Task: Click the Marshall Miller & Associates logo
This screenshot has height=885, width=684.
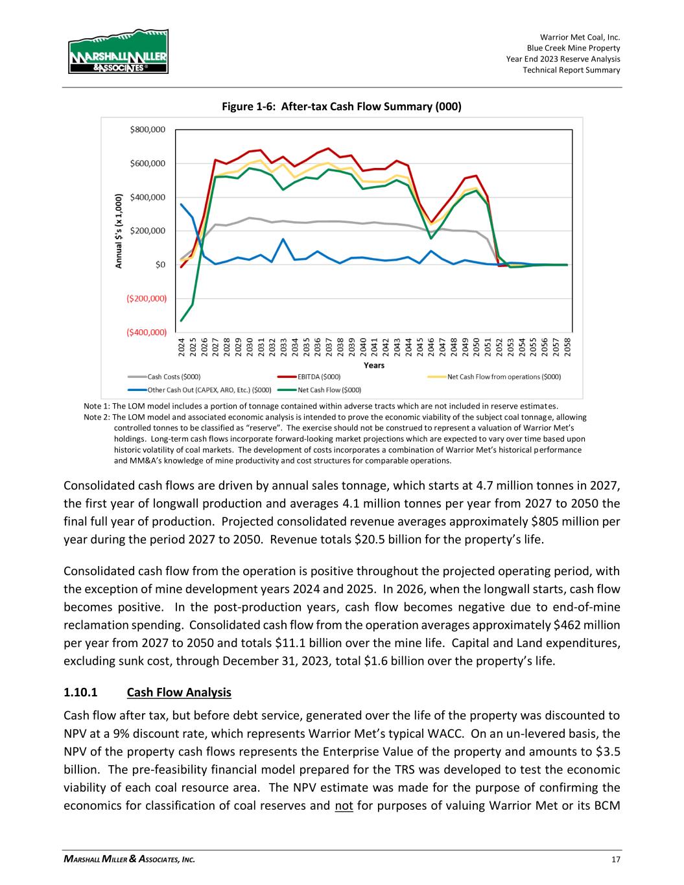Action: coord(118,53)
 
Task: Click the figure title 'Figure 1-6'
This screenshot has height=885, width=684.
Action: coord(342,106)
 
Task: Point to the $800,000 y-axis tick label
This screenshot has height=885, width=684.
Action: coord(148,130)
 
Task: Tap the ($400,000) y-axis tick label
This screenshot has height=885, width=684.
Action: coord(144,332)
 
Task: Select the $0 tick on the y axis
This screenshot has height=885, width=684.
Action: coord(158,265)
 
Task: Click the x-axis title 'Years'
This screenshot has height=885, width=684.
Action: coord(373,366)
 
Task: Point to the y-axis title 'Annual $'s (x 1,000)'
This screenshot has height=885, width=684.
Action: coord(119,230)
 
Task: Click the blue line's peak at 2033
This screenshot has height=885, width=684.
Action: coord(283,239)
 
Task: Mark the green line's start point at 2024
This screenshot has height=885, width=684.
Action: coord(182,320)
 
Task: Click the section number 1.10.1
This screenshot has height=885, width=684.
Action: coord(81,692)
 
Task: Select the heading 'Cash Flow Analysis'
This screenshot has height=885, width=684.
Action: coord(179,692)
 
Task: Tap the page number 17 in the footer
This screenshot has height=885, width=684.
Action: coord(615,859)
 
